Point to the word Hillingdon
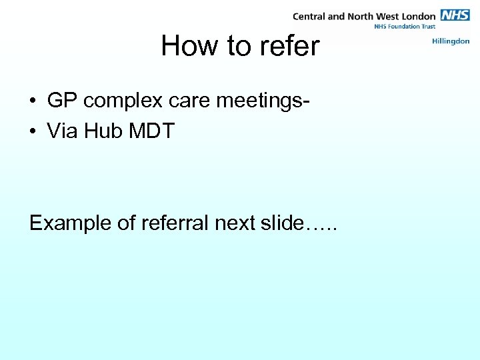[x=451, y=41]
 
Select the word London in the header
[x=417, y=15]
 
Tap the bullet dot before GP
[x=33, y=101]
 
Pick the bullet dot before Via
[x=33, y=132]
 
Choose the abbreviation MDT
[x=151, y=131]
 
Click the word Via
[x=61, y=131]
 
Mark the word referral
[x=175, y=223]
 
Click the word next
[x=234, y=223]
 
